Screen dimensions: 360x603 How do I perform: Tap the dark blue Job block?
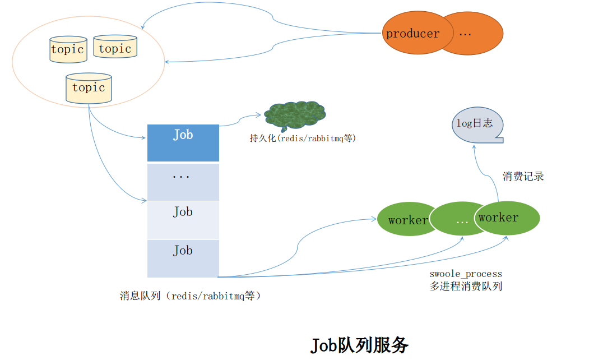click(183, 142)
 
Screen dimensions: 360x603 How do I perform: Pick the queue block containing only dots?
click(183, 182)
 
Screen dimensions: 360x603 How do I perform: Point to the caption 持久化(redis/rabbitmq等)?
click(303, 138)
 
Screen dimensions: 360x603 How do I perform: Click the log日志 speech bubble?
click(477, 124)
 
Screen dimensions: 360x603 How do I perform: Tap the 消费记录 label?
click(523, 177)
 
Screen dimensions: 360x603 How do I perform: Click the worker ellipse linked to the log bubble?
click(508, 218)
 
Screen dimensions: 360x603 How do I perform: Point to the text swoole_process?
click(466, 274)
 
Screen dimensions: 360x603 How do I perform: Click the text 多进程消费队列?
click(466, 286)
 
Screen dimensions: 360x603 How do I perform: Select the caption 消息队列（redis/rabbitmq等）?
click(191, 296)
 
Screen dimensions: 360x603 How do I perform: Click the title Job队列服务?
click(359, 344)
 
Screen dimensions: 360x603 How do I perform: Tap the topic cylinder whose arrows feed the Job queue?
click(89, 88)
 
